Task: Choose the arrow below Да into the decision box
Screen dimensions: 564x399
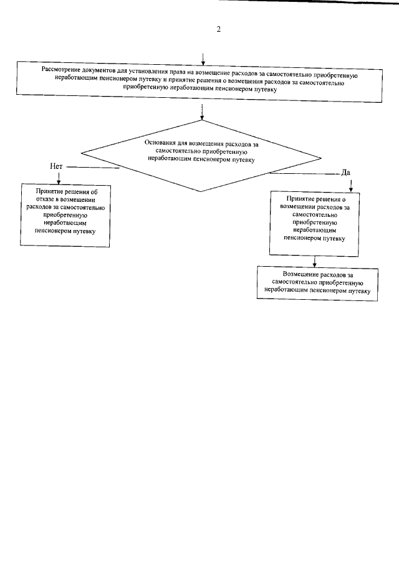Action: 351,185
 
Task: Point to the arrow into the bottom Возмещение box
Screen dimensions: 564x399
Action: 316,262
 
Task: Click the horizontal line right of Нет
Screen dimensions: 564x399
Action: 94,167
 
